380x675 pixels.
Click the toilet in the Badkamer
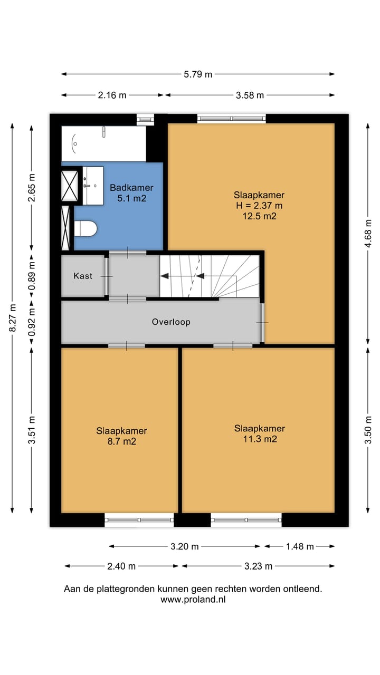(85, 229)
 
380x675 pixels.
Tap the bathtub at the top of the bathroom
(104, 144)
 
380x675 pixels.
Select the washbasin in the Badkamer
(93, 186)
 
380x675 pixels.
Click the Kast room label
(83, 276)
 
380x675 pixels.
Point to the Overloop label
(171, 322)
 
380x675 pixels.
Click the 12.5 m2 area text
(259, 216)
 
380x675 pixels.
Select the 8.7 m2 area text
(122, 441)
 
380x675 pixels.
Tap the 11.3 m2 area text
(260, 439)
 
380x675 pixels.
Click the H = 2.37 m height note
(259, 206)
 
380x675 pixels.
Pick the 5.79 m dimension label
(198, 74)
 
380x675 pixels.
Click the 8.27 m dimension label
(13, 317)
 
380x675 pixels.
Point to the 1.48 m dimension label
(300, 546)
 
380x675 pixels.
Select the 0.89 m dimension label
(32, 276)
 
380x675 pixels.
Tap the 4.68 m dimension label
(368, 234)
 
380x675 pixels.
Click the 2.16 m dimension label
(112, 95)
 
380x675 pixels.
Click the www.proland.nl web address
(193, 600)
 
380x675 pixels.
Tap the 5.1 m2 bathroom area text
(132, 198)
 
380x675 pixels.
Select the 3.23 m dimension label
(258, 566)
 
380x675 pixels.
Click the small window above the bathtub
(145, 120)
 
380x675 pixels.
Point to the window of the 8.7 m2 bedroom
(139, 520)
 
